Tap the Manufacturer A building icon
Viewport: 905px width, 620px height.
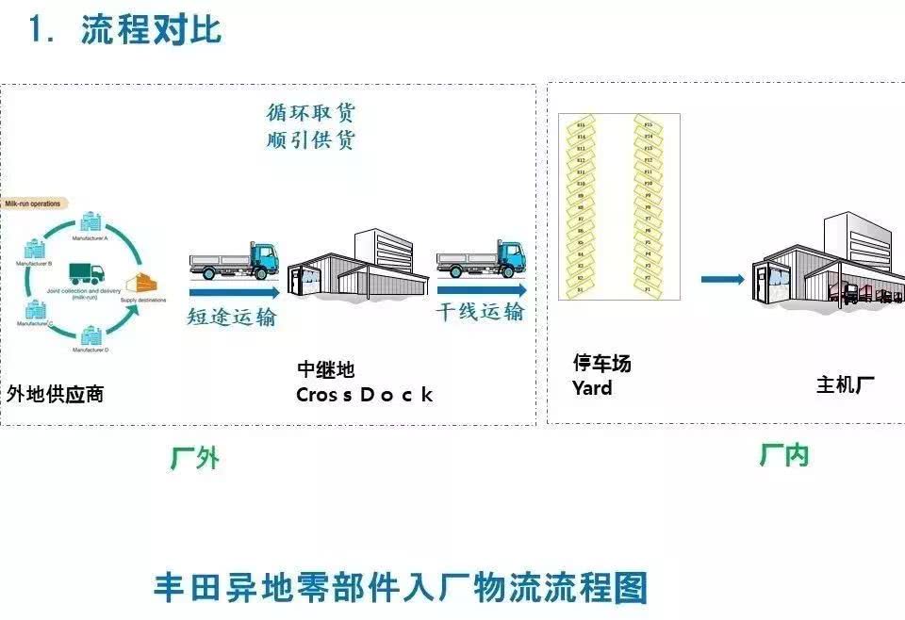[91, 222]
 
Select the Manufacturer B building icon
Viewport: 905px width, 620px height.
[35, 250]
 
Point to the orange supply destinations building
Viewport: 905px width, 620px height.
[143, 283]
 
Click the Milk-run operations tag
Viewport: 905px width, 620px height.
[32, 204]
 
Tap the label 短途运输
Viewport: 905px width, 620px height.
[232, 317]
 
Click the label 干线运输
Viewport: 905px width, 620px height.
[480, 312]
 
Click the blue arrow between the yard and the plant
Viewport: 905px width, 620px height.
[723, 279]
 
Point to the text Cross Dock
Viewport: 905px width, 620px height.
[365, 395]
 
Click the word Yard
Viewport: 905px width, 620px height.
[592, 388]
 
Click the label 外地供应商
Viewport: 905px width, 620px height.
[55, 394]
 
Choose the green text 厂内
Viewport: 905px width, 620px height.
[783, 456]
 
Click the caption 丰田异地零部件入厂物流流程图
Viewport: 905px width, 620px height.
[401, 586]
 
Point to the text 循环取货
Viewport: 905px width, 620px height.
[311, 114]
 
